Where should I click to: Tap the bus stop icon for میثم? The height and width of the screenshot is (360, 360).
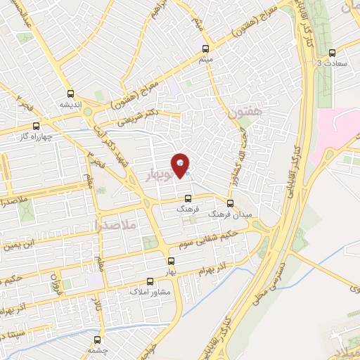click(x=205, y=49)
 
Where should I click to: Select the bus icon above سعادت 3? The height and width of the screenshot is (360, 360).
click(x=333, y=53)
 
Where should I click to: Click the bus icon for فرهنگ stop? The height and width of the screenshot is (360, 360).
click(x=188, y=198)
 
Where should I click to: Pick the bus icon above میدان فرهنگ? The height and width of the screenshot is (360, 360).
click(x=231, y=202)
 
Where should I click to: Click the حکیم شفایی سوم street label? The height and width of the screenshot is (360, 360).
click(x=213, y=237)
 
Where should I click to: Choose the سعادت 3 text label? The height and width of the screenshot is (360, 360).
click(x=333, y=64)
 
